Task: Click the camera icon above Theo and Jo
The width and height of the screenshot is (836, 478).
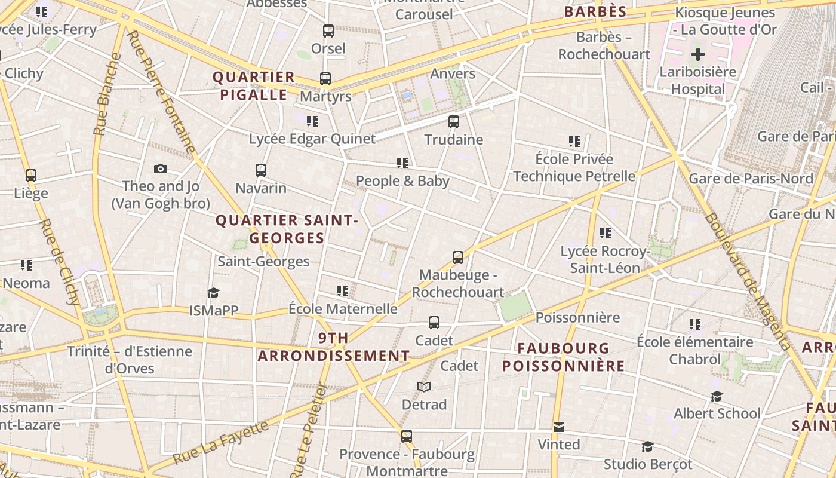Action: (160, 169)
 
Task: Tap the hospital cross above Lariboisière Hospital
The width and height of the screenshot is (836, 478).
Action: (697, 55)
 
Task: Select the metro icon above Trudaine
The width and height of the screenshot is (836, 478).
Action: (454, 122)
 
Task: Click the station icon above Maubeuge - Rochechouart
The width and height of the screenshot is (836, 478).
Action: (458, 258)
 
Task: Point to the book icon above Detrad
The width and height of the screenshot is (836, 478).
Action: (424, 387)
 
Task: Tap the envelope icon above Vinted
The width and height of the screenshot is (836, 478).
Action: (559, 427)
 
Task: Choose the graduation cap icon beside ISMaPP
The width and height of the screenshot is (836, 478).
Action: (213, 293)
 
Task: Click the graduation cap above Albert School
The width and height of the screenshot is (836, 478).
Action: (717, 396)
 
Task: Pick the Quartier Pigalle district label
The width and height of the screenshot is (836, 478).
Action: (254, 86)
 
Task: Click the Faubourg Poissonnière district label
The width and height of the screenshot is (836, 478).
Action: (563, 357)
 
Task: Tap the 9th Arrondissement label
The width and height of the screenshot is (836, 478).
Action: (333, 347)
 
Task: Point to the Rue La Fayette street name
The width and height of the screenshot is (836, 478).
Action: (222, 443)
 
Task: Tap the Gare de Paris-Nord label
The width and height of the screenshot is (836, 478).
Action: (751, 179)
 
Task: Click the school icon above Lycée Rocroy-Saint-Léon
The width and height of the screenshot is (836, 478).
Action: (606, 233)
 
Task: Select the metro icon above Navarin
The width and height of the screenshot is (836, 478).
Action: (261, 170)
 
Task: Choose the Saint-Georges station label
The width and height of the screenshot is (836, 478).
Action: (263, 261)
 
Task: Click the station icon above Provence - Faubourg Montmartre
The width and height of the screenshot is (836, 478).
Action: (407, 436)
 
